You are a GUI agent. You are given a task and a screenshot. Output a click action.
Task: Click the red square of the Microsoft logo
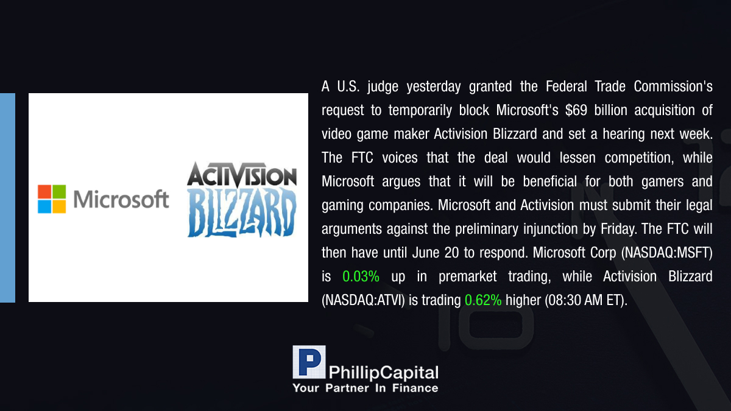coord(44,192)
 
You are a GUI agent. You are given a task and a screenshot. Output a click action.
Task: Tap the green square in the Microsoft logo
coord(59,192)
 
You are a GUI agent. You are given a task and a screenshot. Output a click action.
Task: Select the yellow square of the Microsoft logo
coord(59,206)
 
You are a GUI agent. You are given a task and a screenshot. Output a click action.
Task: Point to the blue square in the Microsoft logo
coord(44,206)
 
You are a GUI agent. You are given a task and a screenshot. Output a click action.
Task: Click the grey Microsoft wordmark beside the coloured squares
coord(121,199)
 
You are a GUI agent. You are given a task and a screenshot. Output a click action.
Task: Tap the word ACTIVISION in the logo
coord(242,175)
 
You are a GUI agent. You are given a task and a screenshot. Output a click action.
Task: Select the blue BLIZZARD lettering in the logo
coord(242,212)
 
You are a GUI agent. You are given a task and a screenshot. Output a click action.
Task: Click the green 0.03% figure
coord(361,276)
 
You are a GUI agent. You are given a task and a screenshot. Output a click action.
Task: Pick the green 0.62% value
coord(483,300)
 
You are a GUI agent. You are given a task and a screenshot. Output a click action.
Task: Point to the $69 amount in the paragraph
coord(576,110)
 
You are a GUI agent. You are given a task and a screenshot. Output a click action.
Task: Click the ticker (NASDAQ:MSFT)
coord(666,253)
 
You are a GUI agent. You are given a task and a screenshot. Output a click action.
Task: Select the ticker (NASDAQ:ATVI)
coord(363,300)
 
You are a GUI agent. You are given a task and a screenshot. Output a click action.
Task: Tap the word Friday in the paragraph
coord(619,229)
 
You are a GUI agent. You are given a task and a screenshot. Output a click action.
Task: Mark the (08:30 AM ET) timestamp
coord(586,300)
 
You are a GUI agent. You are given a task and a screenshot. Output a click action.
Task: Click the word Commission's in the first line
coord(673,86)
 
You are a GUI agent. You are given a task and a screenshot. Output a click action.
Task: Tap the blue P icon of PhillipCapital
coord(309,362)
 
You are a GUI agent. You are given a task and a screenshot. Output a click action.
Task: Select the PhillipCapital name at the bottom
coord(383,373)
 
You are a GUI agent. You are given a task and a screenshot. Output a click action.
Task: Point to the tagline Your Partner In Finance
coord(365,388)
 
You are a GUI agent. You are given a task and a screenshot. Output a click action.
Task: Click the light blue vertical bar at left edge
coord(7,198)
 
